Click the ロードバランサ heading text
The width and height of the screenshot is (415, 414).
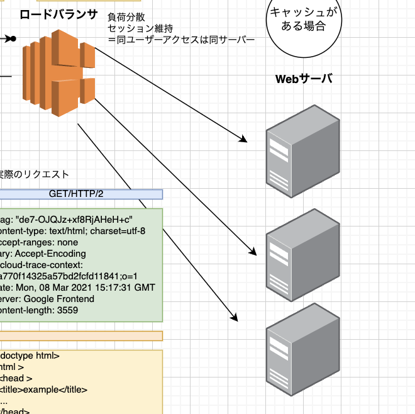(58, 14)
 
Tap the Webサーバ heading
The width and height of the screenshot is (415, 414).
(304, 79)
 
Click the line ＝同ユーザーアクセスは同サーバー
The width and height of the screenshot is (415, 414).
(181, 40)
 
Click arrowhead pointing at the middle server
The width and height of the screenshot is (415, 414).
(253, 252)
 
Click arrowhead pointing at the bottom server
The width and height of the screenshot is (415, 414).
(235, 317)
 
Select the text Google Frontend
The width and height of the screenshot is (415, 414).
(60, 299)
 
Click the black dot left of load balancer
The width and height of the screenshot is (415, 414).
(12, 39)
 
